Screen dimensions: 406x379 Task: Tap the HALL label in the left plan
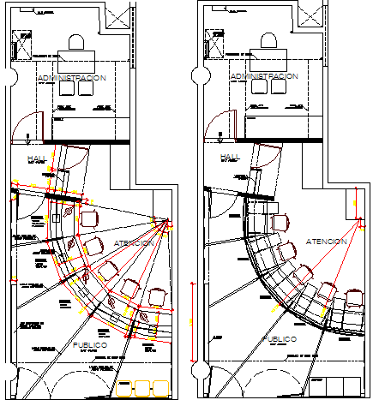click(38, 159)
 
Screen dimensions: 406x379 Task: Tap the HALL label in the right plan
click(229, 157)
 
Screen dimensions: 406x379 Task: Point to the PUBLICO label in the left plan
click(84, 344)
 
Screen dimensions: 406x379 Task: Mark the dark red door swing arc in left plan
click(21, 130)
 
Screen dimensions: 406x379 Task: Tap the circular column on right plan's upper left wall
click(198, 75)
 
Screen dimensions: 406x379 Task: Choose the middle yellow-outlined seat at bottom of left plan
click(140, 391)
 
